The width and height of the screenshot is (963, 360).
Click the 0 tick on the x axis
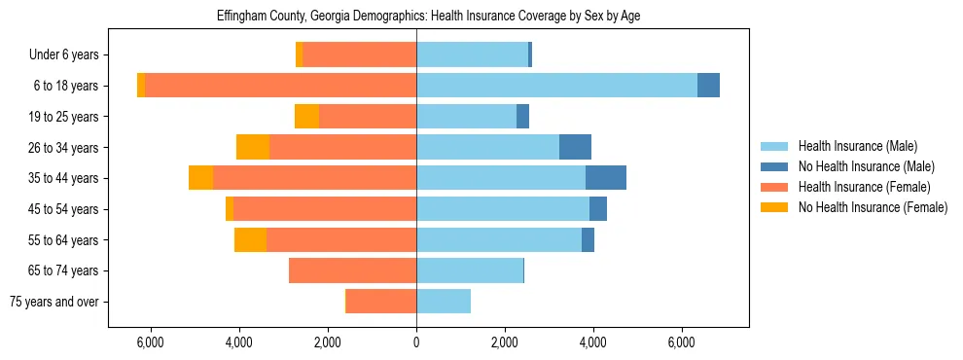click(416, 342)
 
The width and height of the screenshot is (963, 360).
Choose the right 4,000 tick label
click(593, 342)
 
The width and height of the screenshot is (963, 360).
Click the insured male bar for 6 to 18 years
click(556, 86)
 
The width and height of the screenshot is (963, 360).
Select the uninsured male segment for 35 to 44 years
click(606, 178)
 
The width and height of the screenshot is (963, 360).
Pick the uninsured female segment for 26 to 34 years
click(253, 147)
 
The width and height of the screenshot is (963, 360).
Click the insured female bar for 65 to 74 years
click(352, 270)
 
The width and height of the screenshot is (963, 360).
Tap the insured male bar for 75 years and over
click(444, 302)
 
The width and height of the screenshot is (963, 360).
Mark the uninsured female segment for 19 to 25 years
click(306, 117)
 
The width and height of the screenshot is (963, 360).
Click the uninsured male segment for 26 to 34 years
click(575, 147)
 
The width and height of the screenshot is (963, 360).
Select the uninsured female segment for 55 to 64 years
click(250, 239)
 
